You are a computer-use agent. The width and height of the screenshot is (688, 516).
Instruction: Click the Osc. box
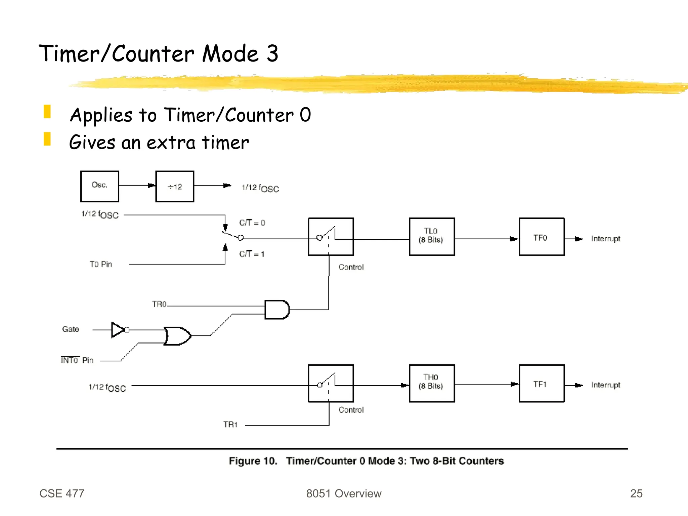(99, 186)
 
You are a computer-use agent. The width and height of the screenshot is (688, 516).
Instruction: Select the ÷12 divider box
(175, 186)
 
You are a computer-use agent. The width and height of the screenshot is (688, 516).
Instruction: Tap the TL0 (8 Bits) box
(432, 237)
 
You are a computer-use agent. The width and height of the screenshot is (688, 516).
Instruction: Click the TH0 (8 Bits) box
(432, 383)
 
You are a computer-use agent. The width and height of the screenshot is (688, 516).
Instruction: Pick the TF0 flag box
(542, 237)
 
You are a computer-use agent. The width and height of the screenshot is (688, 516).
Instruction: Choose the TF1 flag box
(542, 383)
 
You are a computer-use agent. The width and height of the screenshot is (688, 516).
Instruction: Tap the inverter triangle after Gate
(118, 330)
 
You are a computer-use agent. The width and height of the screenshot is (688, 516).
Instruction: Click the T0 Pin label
(101, 264)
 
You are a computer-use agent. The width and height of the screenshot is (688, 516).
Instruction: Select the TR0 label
(159, 305)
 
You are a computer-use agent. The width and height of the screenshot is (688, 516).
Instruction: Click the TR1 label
(230, 425)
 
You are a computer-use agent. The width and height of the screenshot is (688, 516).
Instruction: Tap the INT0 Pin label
(77, 360)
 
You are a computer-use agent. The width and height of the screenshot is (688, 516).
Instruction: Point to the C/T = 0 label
(252, 223)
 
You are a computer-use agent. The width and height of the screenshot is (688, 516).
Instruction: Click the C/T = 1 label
(252, 254)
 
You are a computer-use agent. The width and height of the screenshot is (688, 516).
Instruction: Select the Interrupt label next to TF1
(606, 385)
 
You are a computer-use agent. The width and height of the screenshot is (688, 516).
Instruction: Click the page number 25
(636, 493)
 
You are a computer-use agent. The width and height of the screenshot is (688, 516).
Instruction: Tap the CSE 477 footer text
(62, 493)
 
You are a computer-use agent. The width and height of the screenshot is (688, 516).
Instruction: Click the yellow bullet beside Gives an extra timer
(47, 139)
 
